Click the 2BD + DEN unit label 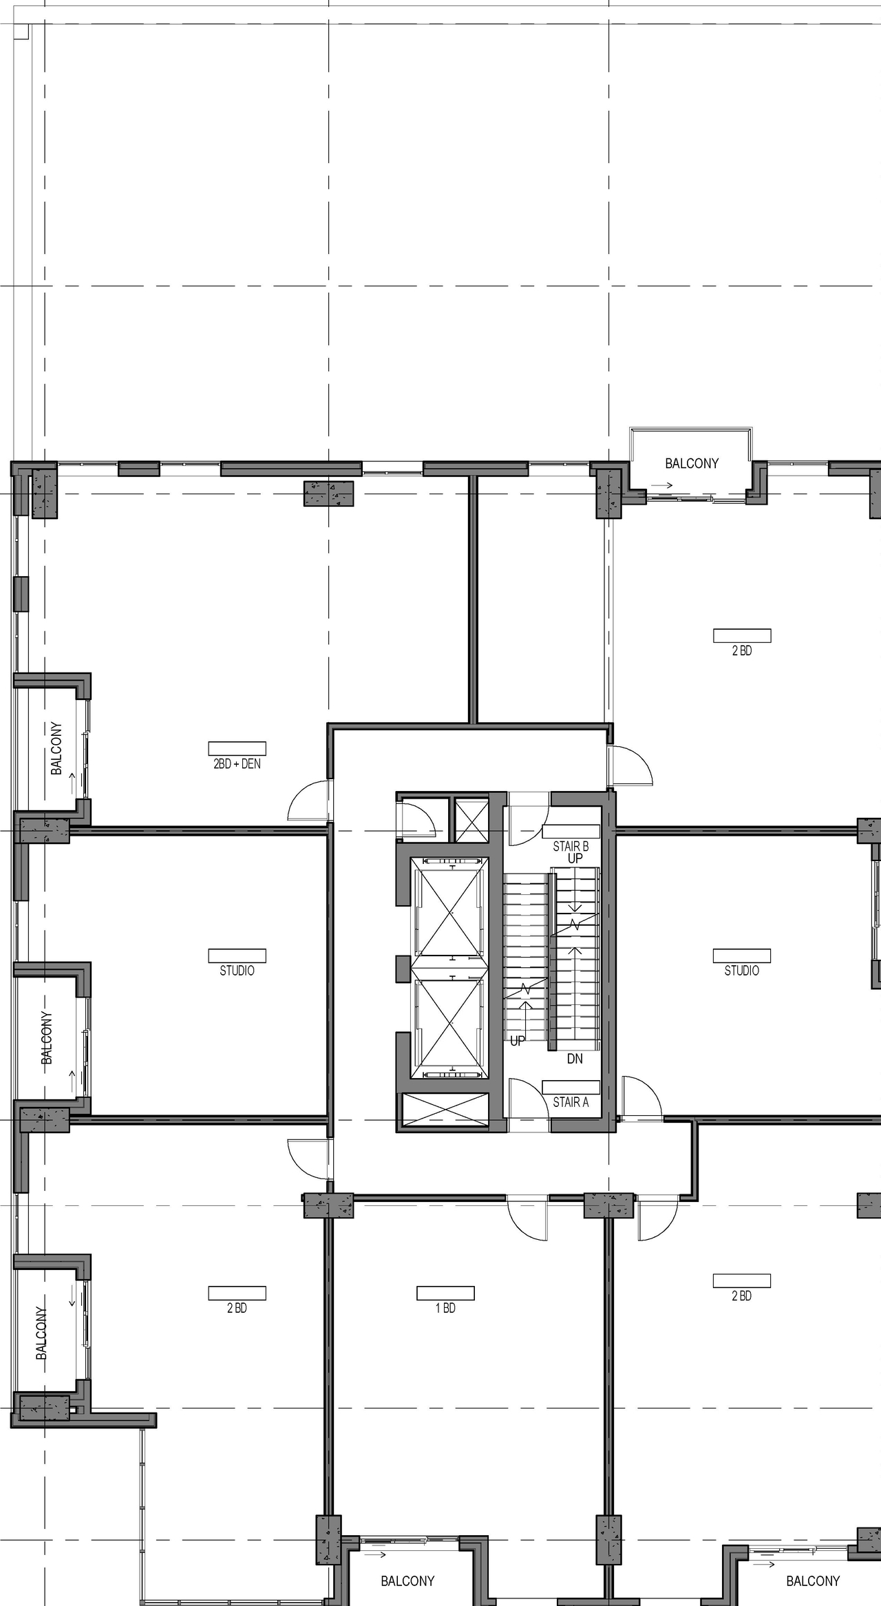click(x=237, y=763)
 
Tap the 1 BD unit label click(x=445, y=1308)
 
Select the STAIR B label click(x=571, y=847)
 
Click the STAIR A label click(x=571, y=1102)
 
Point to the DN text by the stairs click(x=575, y=1059)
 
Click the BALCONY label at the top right click(x=692, y=463)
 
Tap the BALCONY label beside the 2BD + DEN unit click(x=56, y=748)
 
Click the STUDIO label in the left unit click(x=237, y=971)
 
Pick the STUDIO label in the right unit click(x=741, y=971)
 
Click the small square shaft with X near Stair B click(x=471, y=819)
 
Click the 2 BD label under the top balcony click(x=741, y=651)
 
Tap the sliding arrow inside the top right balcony click(x=662, y=485)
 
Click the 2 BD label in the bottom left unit click(x=237, y=1308)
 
